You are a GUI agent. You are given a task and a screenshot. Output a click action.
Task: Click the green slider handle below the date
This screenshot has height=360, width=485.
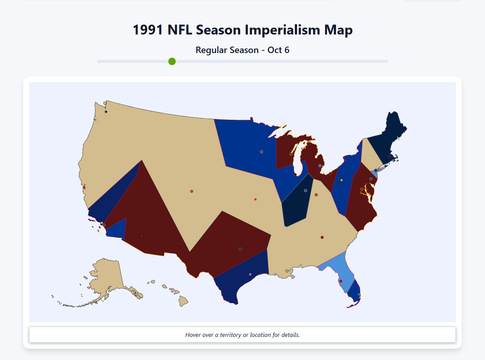172,61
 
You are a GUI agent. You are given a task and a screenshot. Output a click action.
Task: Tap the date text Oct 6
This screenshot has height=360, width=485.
278,50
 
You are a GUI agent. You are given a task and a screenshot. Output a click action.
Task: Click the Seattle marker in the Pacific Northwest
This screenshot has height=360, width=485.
106,112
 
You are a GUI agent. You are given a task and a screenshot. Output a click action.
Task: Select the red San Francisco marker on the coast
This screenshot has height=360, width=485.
84,188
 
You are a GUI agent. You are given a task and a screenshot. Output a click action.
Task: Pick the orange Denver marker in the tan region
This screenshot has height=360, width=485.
192,191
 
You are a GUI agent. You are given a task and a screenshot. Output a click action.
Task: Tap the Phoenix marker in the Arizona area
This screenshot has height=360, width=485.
142,236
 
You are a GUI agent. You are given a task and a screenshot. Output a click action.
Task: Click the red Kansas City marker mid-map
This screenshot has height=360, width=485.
255,199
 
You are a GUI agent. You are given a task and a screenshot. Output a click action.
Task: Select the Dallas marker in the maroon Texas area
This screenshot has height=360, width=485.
240,249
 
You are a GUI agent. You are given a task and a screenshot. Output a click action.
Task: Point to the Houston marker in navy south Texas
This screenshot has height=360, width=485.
250,274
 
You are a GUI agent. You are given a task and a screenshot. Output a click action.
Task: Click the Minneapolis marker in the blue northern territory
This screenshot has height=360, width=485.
261,152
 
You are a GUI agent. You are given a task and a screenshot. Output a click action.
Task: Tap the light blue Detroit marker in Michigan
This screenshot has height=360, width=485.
320,166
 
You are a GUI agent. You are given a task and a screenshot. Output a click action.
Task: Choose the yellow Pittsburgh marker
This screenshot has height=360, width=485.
341,180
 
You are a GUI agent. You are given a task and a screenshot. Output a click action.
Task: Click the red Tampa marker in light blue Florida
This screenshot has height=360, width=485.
341,281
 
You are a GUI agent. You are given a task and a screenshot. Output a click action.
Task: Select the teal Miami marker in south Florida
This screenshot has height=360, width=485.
359,294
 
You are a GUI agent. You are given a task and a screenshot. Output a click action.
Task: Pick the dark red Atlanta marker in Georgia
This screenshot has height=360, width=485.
322,237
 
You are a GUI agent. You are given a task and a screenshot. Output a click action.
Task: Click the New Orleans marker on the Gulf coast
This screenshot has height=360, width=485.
287,271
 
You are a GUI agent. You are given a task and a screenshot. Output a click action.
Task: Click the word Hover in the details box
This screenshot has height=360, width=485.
194,335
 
